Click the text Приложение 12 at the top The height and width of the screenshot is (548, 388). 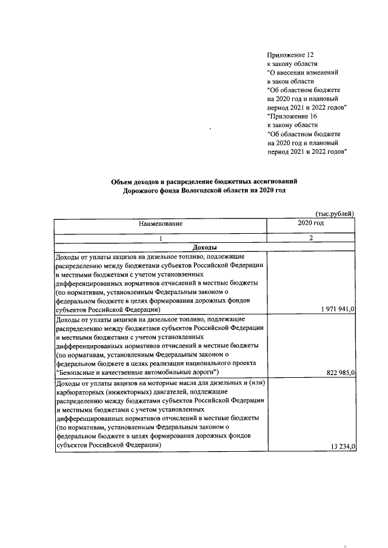(290, 54)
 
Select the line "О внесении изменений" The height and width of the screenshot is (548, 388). (302, 72)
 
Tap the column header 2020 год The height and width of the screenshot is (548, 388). (310, 223)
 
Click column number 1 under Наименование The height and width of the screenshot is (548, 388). (161, 239)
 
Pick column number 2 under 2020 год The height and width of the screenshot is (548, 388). (310, 239)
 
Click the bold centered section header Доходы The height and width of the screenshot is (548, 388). (204, 248)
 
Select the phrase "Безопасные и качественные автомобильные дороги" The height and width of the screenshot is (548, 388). (137, 371)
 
